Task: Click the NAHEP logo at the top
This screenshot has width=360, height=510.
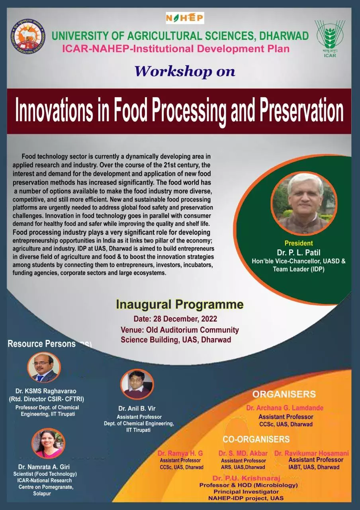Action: point(185,18)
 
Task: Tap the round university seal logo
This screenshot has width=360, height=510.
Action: point(28,36)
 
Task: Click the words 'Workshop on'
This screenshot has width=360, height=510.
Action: point(184,71)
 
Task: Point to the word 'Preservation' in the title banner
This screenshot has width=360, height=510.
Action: point(302,110)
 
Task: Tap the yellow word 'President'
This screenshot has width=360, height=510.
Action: point(299,243)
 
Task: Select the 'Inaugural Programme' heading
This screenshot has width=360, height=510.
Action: point(180,304)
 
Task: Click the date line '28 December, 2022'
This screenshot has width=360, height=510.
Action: point(175,319)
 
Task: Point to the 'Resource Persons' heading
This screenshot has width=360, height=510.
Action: point(42,343)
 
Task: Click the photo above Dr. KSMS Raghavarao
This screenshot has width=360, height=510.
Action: point(44,367)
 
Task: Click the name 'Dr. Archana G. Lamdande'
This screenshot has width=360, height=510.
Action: point(285,408)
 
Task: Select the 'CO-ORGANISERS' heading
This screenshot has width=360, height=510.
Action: point(256,439)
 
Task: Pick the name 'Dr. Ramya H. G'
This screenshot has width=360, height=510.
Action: point(180,453)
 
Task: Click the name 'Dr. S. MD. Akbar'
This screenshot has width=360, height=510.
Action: point(243,453)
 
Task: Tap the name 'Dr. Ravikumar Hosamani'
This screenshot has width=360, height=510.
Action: point(311,453)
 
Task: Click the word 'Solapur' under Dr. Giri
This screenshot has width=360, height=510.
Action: point(42,494)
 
